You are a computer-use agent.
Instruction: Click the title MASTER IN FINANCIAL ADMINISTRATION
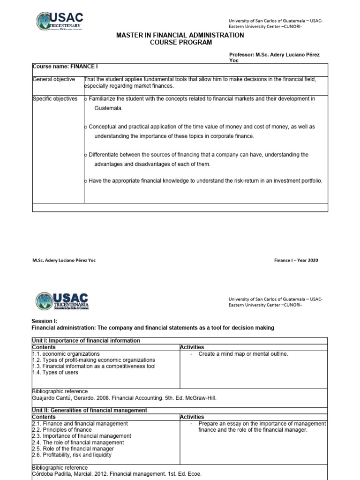tap(180, 35)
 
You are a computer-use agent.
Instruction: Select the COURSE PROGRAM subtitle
tap(180, 43)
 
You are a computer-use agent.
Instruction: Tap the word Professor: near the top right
tap(241, 55)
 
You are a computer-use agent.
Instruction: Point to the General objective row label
tap(53, 79)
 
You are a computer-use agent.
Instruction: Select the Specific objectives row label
tap(55, 99)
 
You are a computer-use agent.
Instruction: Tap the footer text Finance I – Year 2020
tap(296, 260)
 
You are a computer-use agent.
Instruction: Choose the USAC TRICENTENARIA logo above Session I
tap(62, 301)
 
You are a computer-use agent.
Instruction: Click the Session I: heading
tap(44, 321)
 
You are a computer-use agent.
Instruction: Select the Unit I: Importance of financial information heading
tap(86, 340)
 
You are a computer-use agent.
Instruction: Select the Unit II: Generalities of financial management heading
tap(89, 410)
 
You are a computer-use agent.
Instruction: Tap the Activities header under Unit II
tap(192, 417)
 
